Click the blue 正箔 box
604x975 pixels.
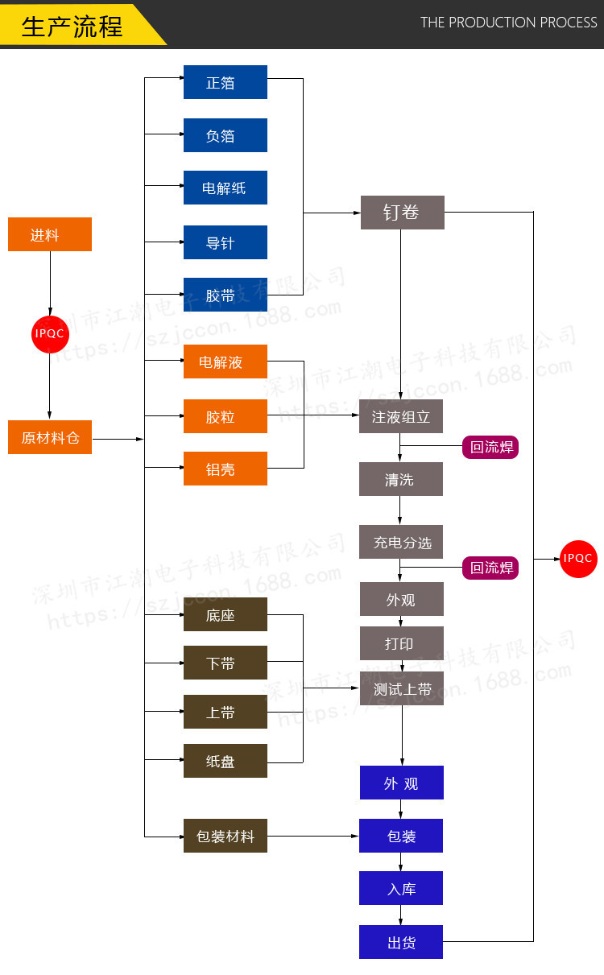click(225, 82)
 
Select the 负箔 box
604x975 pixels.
click(225, 135)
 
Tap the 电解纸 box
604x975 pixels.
click(225, 188)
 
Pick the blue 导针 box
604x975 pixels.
click(225, 242)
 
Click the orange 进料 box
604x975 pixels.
click(50, 234)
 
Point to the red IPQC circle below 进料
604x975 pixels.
click(50, 333)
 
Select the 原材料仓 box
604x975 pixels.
click(50, 437)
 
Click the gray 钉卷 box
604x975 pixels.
click(402, 213)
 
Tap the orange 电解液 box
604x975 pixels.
click(225, 361)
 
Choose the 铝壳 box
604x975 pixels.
click(225, 469)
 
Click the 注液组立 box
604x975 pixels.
click(401, 416)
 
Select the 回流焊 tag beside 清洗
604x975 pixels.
click(490, 447)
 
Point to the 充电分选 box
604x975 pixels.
click(401, 542)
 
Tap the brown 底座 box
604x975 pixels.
click(225, 614)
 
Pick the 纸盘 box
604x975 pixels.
click(225, 761)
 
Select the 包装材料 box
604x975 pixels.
click(225, 836)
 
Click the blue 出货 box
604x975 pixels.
click(401, 942)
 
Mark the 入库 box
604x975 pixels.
click(401, 888)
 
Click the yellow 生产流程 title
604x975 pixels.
click(72, 26)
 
